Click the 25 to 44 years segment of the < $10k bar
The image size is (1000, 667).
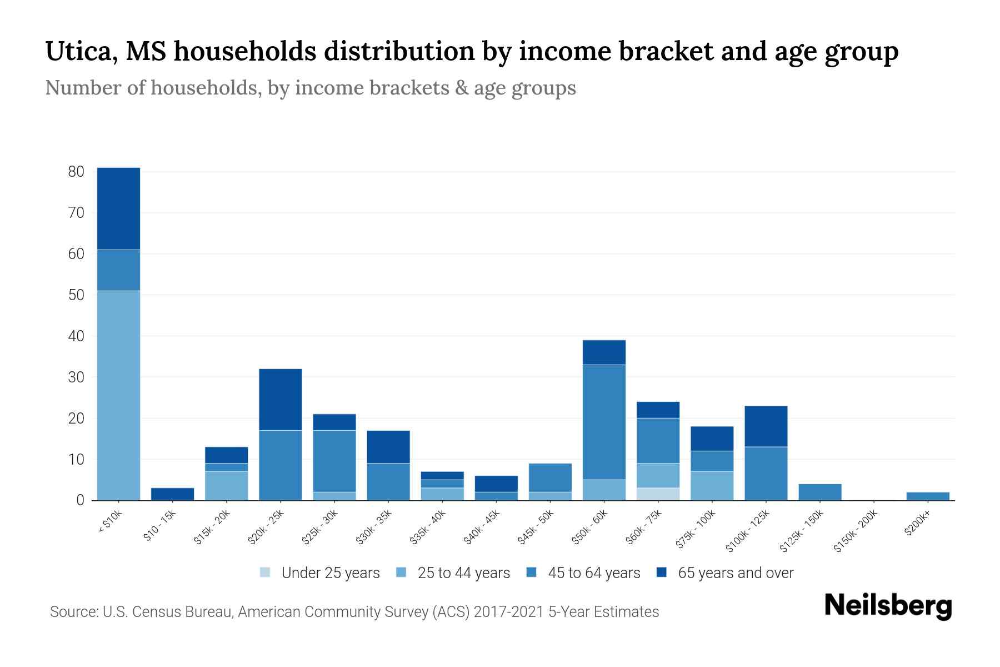(x=118, y=395)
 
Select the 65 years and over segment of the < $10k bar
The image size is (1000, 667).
(x=118, y=208)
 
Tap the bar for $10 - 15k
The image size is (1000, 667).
(x=172, y=494)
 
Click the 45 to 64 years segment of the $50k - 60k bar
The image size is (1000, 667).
(x=604, y=422)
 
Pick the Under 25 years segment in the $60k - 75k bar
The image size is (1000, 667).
(x=658, y=494)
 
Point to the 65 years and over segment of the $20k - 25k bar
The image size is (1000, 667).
(x=281, y=399)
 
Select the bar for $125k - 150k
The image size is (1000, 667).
(x=819, y=492)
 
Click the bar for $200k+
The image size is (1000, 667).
(x=927, y=496)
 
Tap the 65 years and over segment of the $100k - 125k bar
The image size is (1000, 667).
(x=766, y=426)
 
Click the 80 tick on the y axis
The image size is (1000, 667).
(x=76, y=172)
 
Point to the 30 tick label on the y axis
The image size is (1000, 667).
(x=76, y=377)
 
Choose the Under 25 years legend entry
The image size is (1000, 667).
(x=320, y=573)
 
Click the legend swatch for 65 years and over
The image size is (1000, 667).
(x=662, y=573)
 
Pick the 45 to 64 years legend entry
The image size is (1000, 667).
(x=583, y=573)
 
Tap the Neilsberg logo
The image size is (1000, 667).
(x=888, y=606)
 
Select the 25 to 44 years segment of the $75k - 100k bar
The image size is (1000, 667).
(x=712, y=486)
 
